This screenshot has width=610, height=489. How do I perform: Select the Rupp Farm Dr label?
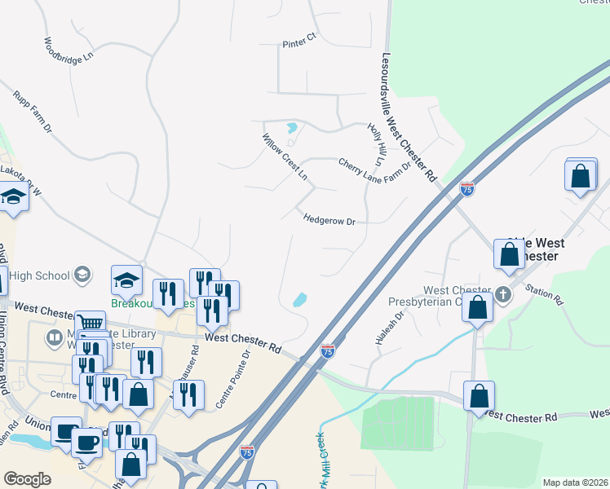point(32,112)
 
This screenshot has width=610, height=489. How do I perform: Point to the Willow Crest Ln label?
point(285,157)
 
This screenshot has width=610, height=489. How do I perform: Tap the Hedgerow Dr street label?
point(329,220)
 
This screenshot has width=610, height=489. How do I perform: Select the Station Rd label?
point(544,293)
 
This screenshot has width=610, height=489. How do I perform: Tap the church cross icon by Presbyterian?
point(503,294)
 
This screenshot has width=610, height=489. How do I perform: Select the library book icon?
point(55,337)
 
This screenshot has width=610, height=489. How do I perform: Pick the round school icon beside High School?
point(82,275)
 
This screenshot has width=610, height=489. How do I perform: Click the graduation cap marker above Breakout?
point(126,279)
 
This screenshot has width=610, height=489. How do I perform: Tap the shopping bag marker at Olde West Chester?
point(509,253)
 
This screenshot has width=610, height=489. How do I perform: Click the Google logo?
point(27,478)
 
